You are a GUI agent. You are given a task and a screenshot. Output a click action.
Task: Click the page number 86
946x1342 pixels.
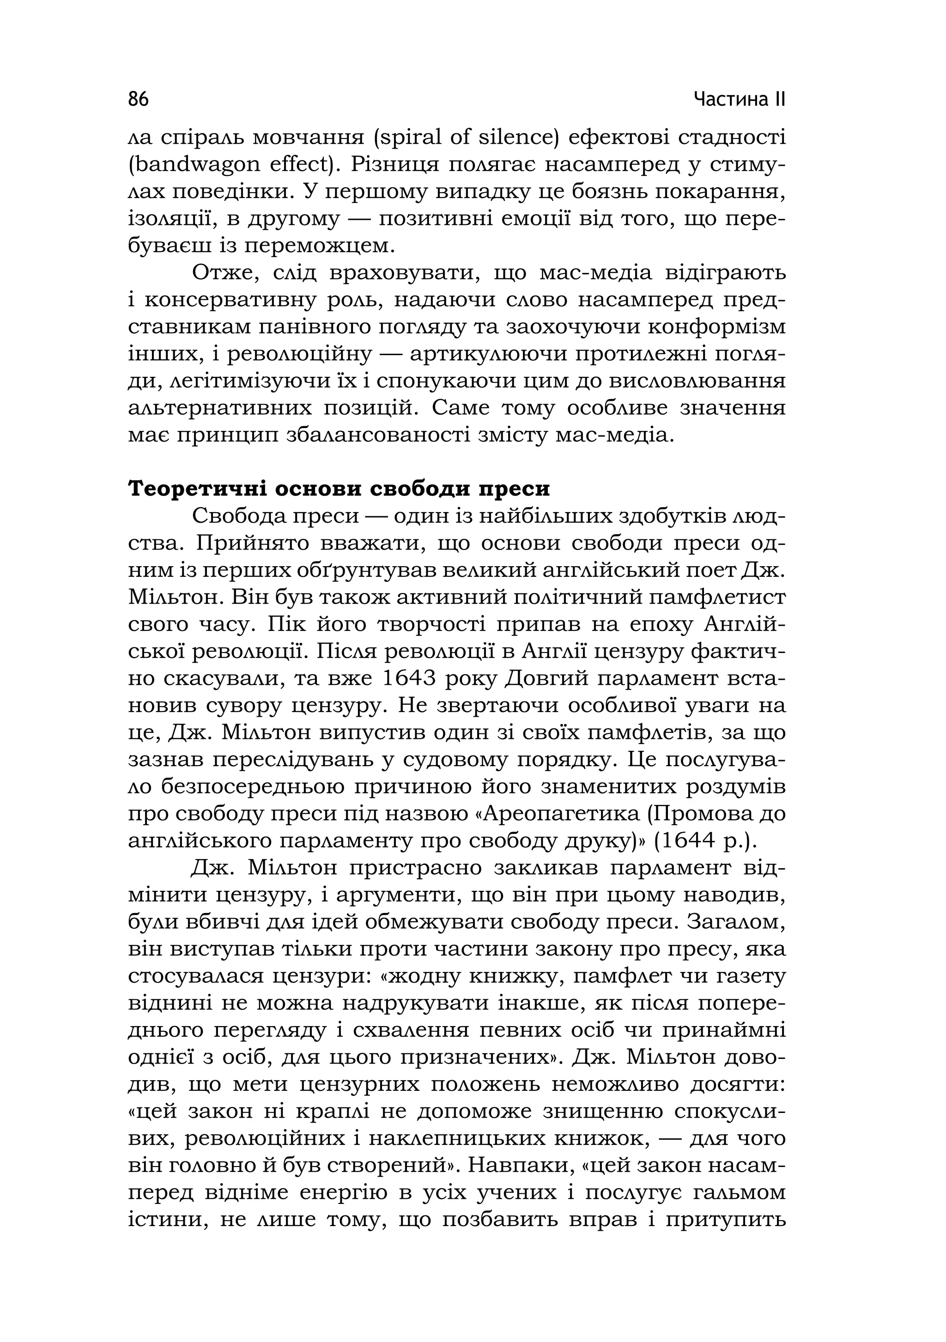click(139, 99)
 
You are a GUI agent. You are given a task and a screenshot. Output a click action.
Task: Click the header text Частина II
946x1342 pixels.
click(740, 99)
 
